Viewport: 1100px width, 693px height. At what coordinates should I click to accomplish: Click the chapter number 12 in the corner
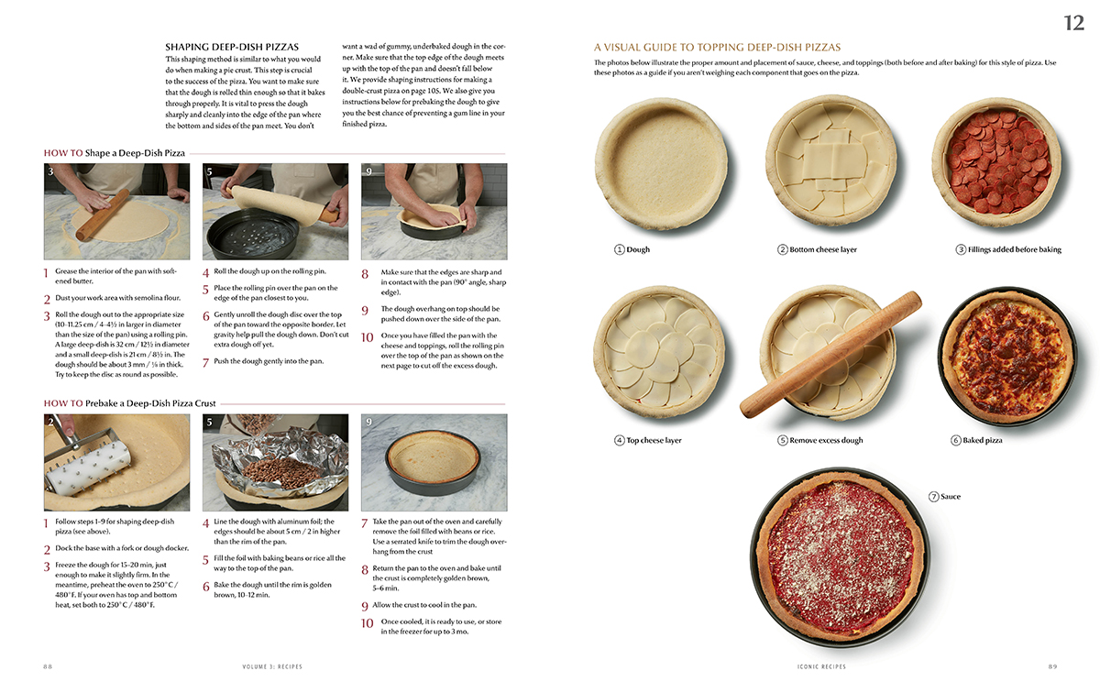[1074, 23]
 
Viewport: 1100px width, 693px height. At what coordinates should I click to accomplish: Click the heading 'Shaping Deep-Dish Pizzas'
[232, 47]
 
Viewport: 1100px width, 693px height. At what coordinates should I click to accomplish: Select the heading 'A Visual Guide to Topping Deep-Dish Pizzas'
[717, 47]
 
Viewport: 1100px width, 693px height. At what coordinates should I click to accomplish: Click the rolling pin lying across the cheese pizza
[830, 354]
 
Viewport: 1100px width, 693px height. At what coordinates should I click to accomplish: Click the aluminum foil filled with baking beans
[278, 467]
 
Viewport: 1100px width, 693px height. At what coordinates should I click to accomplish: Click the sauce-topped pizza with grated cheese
[841, 557]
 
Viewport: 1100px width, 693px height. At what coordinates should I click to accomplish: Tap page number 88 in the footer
[48, 666]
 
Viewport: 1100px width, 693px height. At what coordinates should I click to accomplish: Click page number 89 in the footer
[1052, 666]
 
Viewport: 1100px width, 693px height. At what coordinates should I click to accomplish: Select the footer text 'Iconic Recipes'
[821, 666]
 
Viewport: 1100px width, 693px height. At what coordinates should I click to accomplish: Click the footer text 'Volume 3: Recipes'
[272, 666]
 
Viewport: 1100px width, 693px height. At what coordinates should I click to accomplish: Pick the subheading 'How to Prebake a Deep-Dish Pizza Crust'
[129, 403]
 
